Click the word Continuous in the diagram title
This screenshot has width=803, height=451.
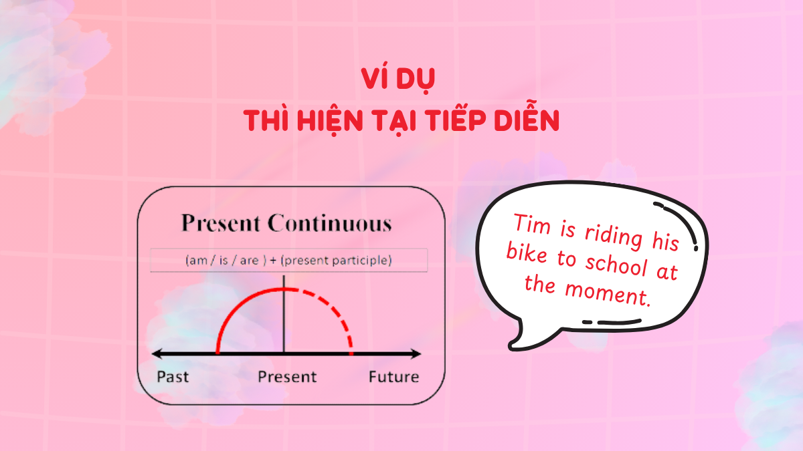[x=329, y=223]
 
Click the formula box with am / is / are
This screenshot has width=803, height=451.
[x=288, y=261]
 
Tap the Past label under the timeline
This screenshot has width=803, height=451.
[x=173, y=377]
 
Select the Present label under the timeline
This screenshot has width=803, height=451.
[x=287, y=377]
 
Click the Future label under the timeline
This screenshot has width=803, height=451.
[x=393, y=377]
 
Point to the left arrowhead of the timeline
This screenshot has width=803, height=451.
[x=157, y=353]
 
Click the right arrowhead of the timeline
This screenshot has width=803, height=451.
[x=417, y=353]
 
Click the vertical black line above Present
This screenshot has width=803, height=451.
[x=284, y=321]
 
